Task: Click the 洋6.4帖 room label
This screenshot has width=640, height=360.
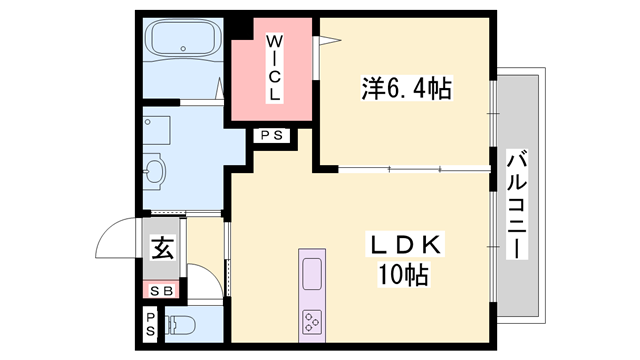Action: (x=405, y=89)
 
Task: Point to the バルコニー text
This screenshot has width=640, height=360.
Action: (x=517, y=204)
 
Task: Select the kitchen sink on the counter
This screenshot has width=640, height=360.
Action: (x=311, y=271)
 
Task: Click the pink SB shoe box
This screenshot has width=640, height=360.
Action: (x=161, y=290)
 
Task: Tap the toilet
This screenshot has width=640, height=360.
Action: (x=181, y=324)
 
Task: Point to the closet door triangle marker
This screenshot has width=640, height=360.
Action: (x=325, y=41)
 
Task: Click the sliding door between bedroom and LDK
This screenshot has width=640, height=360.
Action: (x=415, y=169)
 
